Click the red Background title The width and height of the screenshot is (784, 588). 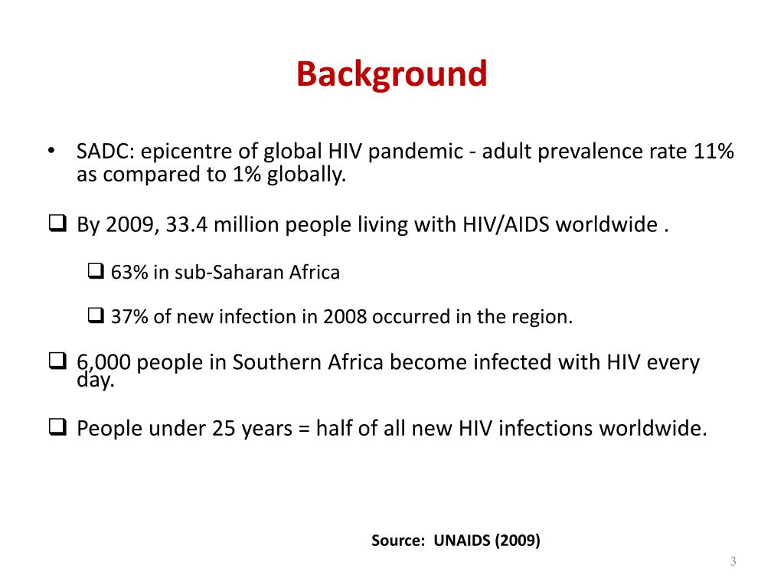click(x=391, y=75)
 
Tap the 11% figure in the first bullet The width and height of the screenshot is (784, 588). click(x=714, y=152)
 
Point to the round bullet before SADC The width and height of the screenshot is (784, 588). click(x=51, y=150)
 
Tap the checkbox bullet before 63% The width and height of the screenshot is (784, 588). click(x=96, y=272)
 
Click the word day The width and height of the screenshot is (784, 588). click(x=95, y=380)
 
